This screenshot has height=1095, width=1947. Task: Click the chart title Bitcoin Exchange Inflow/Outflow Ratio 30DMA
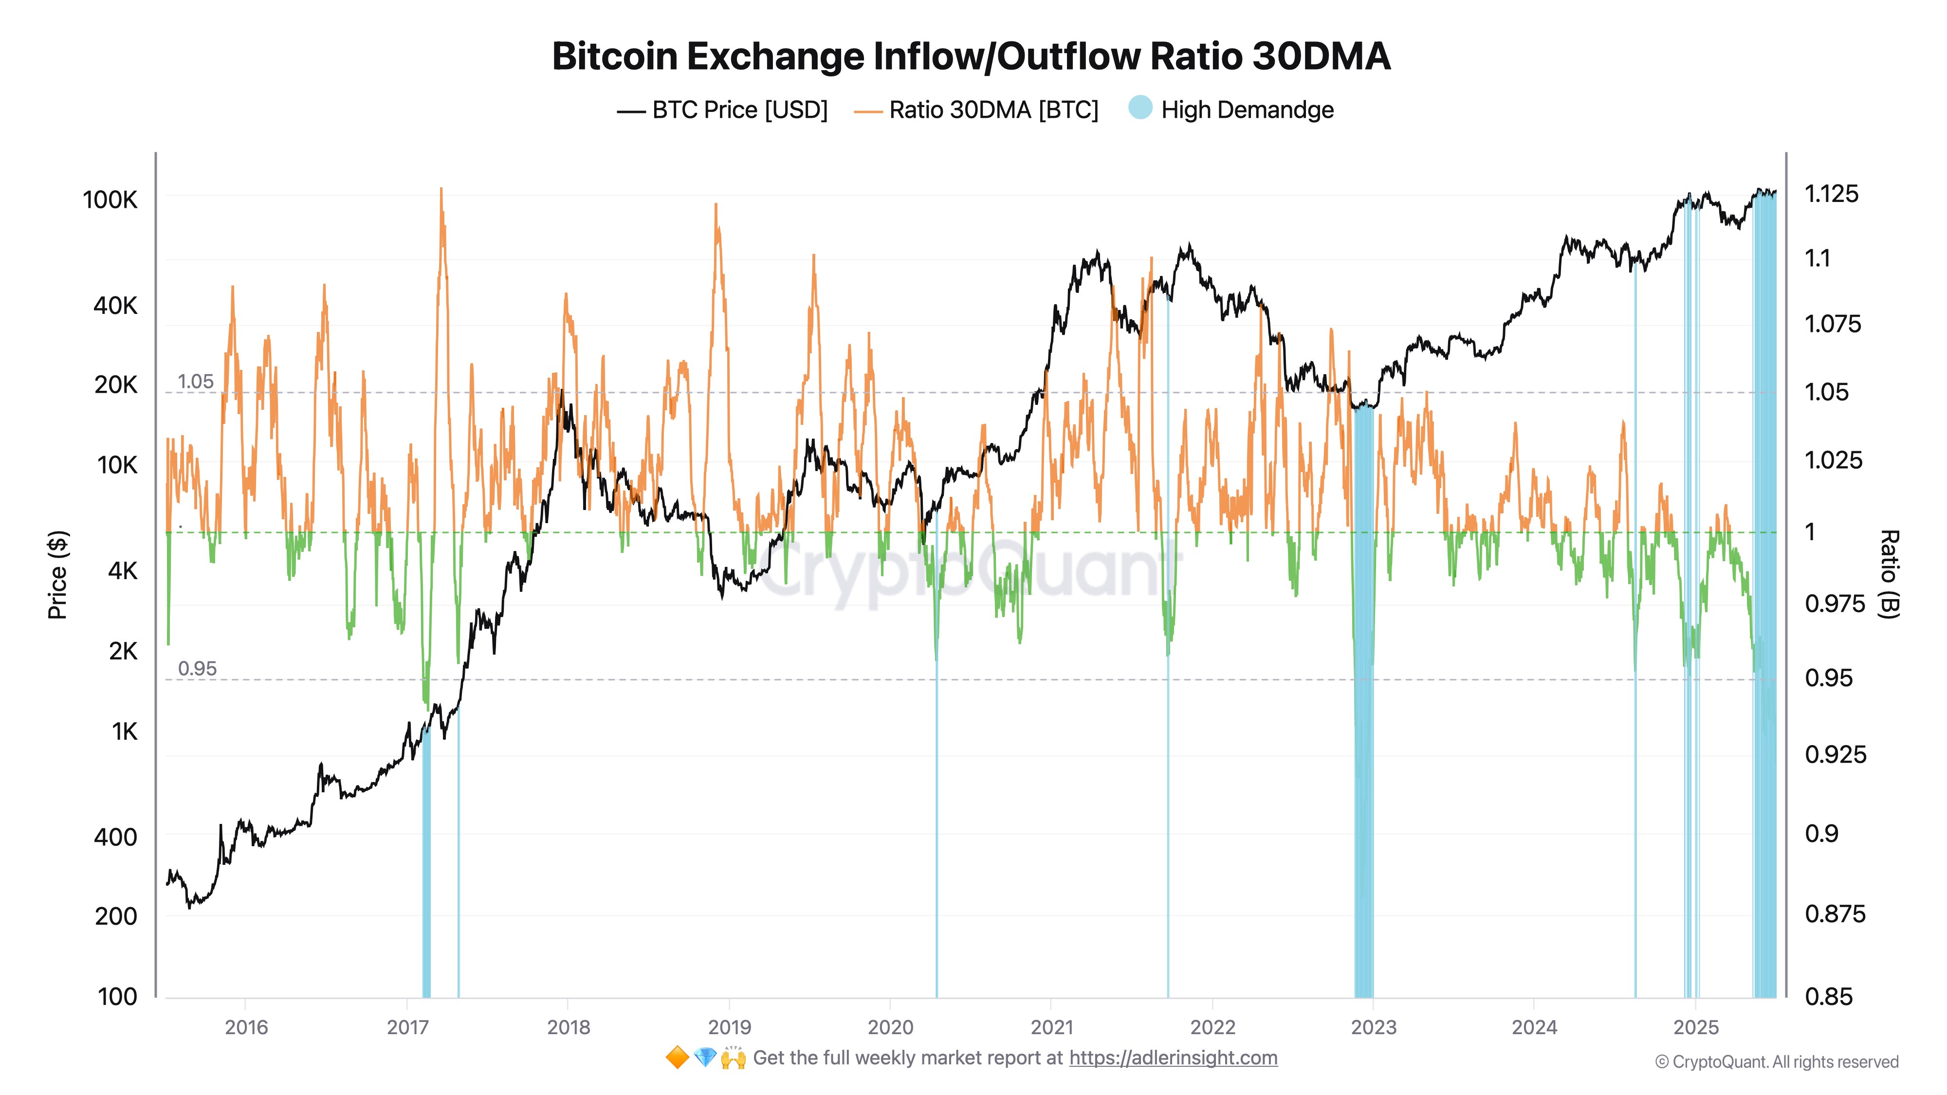(971, 56)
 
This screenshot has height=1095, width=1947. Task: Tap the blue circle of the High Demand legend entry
(1140, 108)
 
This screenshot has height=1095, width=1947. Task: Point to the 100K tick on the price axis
(110, 200)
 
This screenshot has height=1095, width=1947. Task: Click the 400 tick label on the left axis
(116, 837)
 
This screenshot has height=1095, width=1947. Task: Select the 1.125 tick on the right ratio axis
(1831, 194)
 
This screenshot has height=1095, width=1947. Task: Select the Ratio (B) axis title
(1888, 574)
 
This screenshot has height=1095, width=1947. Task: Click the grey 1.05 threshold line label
(196, 382)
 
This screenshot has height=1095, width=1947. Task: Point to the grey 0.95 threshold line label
(197, 669)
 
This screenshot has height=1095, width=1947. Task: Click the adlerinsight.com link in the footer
(1173, 1058)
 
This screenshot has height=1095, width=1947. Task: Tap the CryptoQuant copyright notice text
(1776, 1062)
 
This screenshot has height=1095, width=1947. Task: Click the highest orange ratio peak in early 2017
(441, 190)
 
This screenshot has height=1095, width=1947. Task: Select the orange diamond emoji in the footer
(677, 1058)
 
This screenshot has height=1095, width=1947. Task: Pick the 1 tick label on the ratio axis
(1810, 532)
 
